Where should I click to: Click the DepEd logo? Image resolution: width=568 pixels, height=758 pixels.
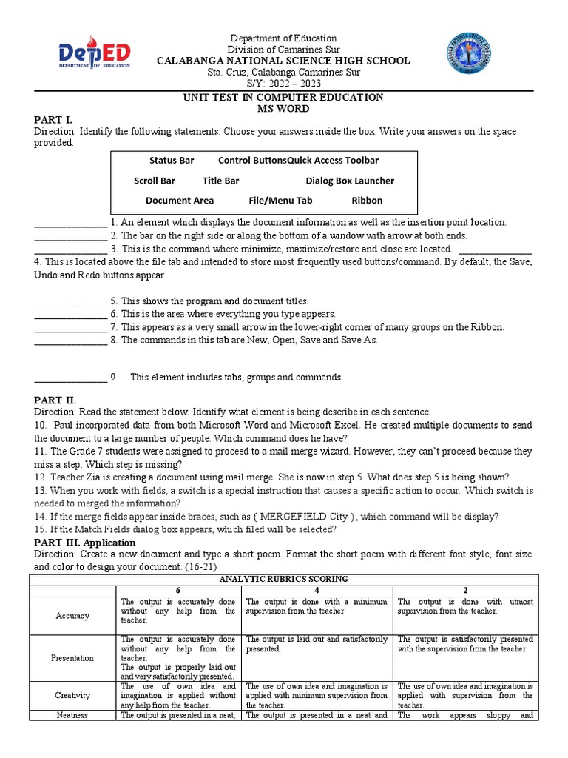94,56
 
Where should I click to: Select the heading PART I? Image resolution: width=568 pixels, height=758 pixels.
53,120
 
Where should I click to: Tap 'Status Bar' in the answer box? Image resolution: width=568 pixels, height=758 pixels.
172,160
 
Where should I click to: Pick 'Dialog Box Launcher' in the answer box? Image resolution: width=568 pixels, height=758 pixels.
350,181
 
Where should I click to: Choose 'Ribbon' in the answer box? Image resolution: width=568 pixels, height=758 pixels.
367,200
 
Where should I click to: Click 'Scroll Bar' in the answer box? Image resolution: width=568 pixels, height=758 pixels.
155,181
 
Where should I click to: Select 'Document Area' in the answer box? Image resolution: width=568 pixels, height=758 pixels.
180,200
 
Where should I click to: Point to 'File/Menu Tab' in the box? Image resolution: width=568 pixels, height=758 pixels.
280,200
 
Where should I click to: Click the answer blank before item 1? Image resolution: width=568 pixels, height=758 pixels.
70,223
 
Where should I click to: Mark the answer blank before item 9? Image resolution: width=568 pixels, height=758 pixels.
70,378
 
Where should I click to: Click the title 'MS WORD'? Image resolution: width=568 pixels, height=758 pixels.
283,108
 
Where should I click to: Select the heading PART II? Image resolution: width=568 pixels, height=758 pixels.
55,400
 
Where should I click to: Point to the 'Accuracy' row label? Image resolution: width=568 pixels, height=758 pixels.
72,615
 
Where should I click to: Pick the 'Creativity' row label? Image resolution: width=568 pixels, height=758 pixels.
72,695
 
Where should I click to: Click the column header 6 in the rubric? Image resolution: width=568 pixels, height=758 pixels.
177,590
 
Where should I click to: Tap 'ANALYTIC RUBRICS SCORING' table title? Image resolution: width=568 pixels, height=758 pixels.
283,579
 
